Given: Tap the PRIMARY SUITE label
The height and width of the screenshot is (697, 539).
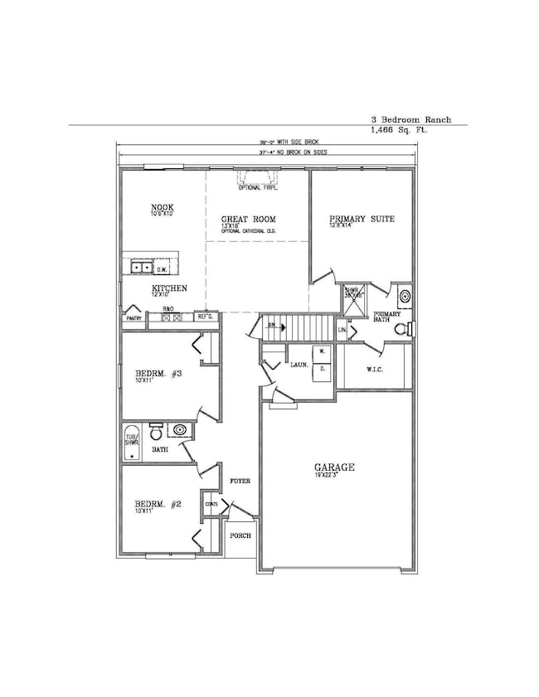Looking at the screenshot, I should [362, 219].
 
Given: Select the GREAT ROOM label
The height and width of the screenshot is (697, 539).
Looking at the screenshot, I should [248, 219].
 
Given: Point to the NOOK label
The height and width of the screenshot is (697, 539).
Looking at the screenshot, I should [161, 207].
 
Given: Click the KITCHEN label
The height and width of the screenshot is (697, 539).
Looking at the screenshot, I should [168, 288].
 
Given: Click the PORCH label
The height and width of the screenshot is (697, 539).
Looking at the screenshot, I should [240, 535].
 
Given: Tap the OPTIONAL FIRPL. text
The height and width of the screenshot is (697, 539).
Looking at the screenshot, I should [257, 188].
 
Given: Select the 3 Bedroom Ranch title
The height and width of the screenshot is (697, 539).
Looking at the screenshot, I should [411, 119].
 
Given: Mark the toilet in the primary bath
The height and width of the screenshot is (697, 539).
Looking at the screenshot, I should [401, 330].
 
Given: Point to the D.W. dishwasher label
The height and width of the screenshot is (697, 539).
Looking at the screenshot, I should [162, 269].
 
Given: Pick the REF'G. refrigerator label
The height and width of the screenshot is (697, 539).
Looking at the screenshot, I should [205, 316].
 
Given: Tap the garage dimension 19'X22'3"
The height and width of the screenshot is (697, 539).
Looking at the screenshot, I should [335, 477].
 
